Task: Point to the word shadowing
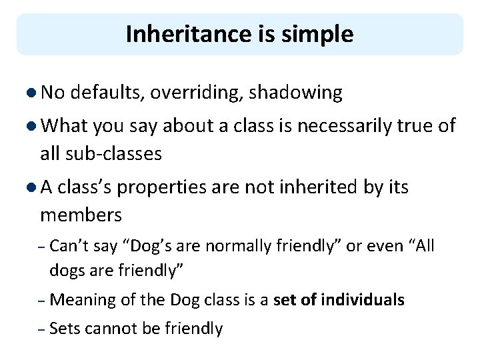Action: [x=295, y=93]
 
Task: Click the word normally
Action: [x=237, y=246]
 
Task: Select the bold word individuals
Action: [x=363, y=300]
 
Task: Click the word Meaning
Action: [x=83, y=301]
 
